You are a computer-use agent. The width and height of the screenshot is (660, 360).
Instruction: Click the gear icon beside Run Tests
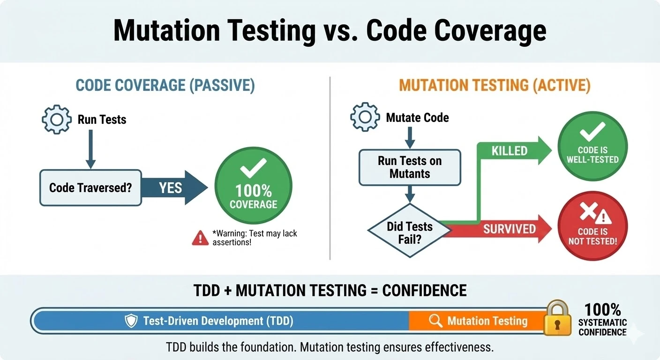[57, 119]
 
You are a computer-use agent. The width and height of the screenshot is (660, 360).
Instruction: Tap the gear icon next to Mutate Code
[365, 117]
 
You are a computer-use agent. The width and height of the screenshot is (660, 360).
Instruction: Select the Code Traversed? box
[90, 188]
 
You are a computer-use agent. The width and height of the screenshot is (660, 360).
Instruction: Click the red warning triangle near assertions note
[200, 238]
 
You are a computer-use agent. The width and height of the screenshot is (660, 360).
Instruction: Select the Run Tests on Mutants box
[410, 167]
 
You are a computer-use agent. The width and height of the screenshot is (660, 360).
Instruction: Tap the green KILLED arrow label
[510, 151]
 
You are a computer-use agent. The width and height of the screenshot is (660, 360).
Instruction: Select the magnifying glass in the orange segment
[435, 321]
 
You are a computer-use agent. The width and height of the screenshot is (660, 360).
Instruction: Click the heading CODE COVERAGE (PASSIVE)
[165, 86]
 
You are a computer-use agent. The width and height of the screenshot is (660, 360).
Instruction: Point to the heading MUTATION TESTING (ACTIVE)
[495, 86]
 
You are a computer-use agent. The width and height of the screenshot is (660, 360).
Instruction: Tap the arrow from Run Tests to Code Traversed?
[90, 148]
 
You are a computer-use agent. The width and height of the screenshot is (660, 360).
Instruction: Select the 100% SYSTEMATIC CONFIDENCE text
[602, 320]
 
